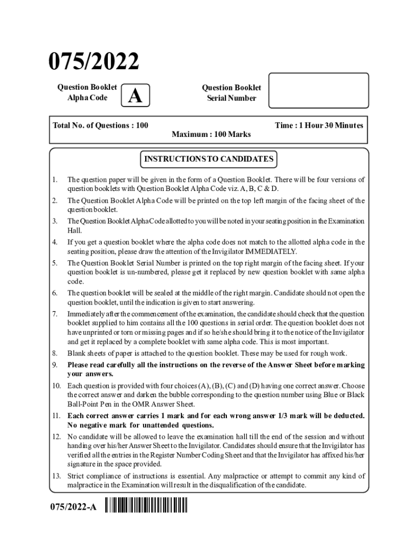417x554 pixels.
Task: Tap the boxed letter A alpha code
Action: coord(136,96)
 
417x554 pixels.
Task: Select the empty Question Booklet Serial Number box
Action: coord(318,90)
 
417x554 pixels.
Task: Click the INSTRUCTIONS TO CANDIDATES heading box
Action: coord(208,159)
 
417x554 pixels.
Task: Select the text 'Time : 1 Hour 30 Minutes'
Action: coord(319,126)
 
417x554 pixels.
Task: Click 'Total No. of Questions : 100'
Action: coord(101,126)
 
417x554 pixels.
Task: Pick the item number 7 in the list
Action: coord(55,314)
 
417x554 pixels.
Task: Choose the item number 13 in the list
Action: coord(56,476)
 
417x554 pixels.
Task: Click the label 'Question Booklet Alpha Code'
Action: coord(87,93)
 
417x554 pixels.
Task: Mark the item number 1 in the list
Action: coord(55,179)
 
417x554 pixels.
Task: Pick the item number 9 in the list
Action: coord(55,365)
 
